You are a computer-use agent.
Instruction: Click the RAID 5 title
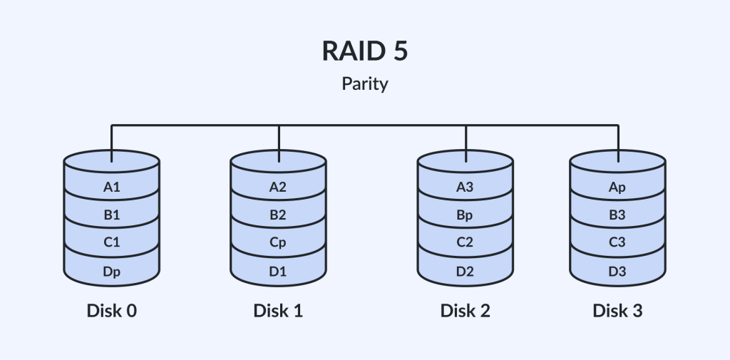[x=364, y=53]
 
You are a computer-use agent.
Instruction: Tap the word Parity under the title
[x=364, y=84]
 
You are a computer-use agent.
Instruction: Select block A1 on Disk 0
[x=111, y=188]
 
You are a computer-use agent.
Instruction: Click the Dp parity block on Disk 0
[x=111, y=271]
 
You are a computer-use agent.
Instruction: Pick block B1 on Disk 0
[x=111, y=215]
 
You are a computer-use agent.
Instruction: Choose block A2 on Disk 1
[x=278, y=188]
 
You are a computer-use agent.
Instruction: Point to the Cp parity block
[x=278, y=243]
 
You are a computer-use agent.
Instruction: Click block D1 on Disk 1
[x=278, y=271]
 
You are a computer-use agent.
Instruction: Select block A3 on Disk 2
[x=465, y=188]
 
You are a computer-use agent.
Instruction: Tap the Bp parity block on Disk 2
[x=465, y=215]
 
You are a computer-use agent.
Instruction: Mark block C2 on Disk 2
[x=465, y=243]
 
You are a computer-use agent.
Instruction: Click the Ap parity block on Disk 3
[x=617, y=188]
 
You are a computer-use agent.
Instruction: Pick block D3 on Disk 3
[x=617, y=271]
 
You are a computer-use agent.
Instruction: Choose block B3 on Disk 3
[x=617, y=215]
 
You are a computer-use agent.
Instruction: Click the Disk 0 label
[x=111, y=311]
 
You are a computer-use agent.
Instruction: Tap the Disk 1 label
[x=278, y=311]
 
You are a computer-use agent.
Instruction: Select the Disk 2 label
[x=465, y=311]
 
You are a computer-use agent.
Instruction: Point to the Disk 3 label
[x=617, y=311]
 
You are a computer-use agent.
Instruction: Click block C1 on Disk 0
[x=111, y=243]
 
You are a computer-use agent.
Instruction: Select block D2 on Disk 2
[x=465, y=271]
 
